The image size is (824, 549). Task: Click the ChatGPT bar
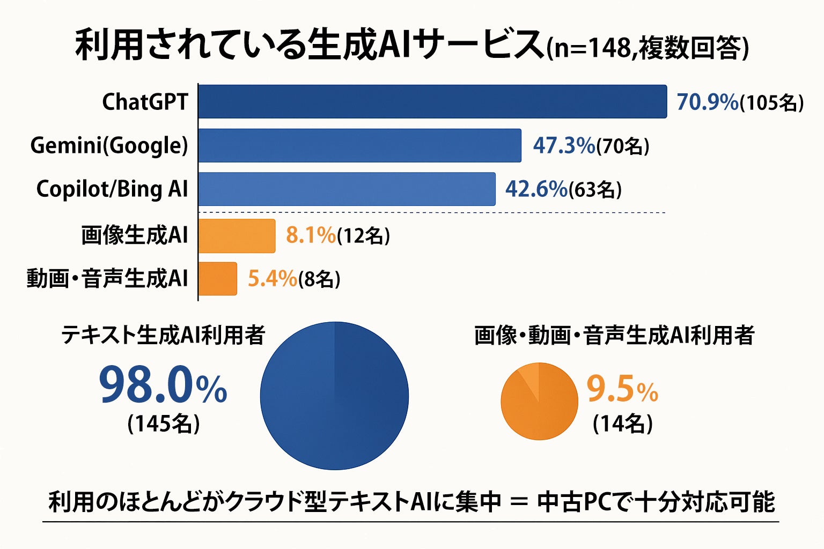tap(432, 101)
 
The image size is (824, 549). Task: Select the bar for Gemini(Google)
tap(359, 145)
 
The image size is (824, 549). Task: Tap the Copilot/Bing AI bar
tap(347, 189)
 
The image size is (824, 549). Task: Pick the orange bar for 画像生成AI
tap(237, 235)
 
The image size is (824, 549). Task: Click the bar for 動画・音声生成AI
tap(218, 279)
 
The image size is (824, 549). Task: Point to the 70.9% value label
tap(707, 102)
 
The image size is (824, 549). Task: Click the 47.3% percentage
tap(563, 146)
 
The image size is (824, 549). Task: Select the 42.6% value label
tap(536, 189)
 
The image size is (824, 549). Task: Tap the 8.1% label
tap(311, 235)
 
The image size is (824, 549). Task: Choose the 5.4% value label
tap(272, 279)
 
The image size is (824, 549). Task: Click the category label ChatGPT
tap(145, 102)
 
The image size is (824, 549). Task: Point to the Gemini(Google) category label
tap(109, 146)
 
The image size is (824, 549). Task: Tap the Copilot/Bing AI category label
tap(112, 189)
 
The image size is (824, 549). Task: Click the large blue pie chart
tap(334, 396)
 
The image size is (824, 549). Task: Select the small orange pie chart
tap(539, 401)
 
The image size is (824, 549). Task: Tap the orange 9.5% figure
tap(622, 390)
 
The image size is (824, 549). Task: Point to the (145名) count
tap(164, 424)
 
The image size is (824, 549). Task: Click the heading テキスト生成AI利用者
tap(163, 335)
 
